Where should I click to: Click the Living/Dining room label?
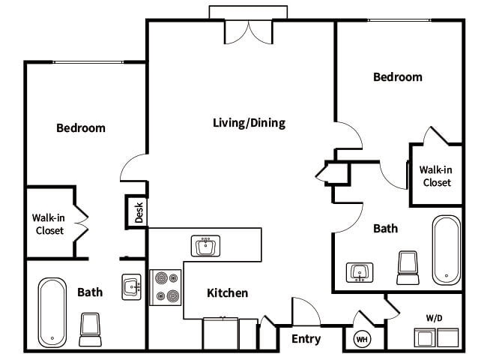tap(249, 123)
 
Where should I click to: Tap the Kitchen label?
tap(226, 293)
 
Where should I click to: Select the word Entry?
tap(306, 339)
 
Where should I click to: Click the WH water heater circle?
tap(361, 339)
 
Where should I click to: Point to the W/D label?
tap(435, 317)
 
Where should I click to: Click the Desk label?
tap(139, 212)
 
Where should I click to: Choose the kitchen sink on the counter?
tap(205, 245)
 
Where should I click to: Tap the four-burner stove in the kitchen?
tap(166, 287)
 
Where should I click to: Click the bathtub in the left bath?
tap(53, 312)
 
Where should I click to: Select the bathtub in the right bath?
tap(447, 250)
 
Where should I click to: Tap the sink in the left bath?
tap(133, 285)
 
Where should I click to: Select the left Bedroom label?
tap(81, 128)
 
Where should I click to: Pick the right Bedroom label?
tap(398, 77)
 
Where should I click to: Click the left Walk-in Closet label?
tap(49, 224)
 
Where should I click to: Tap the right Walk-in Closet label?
tap(436, 176)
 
